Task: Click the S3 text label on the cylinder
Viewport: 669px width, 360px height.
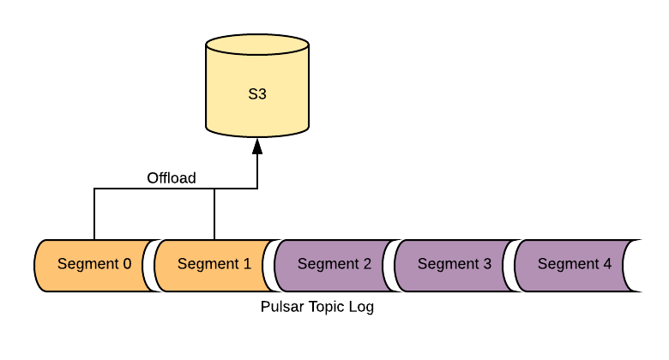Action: [x=257, y=94]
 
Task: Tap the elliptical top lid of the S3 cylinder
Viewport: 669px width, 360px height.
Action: [x=257, y=45]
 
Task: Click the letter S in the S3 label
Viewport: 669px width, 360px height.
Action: [x=253, y=94]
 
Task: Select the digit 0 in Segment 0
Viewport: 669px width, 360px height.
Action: [x=127, y=264]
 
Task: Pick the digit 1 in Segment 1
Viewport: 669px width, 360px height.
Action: [x=247, y=264]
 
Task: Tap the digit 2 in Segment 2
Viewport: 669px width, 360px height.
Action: [x=367, y=264]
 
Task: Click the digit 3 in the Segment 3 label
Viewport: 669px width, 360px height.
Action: [x=487, y=264]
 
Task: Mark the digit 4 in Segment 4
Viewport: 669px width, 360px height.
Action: [x=607, y=264]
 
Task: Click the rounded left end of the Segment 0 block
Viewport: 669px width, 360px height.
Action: [x=40, y=266]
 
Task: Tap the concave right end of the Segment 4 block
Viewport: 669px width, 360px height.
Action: [x=626, y=266]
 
